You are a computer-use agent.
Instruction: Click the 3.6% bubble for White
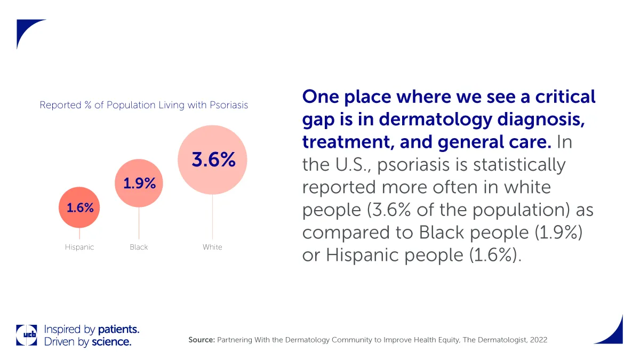coord(212,159)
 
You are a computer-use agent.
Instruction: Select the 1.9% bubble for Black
coord(139,183)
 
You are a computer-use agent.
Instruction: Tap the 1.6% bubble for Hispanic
coord(79,208)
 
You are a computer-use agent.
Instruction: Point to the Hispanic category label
coord(79,247)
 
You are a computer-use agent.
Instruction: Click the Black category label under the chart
coord(139,247)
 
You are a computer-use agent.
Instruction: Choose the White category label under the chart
coord(212,247)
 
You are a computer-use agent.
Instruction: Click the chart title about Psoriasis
coord(144,105)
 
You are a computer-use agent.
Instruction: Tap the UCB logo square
coord(27,335)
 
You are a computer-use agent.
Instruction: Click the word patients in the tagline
coord(118,329)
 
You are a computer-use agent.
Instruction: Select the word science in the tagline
coord(111,342)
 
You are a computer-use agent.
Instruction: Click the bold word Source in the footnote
coord(201,340)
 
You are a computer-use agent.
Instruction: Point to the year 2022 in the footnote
coord(538,340)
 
